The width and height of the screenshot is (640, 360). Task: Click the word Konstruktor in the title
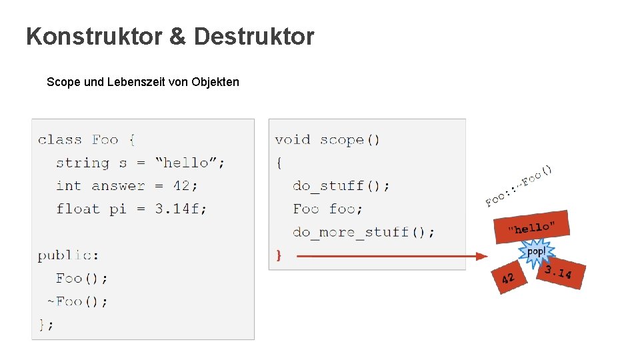click(93, 37)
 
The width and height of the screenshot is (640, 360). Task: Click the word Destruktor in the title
click(254, 37)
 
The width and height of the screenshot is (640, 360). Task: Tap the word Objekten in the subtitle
click(215, 82)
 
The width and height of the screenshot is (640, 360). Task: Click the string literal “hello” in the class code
click(189, 163)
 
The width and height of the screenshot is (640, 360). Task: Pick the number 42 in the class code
click(180, 185)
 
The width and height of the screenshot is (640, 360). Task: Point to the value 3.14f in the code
click(181, 209)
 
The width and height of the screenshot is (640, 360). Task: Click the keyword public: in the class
click(68, 255)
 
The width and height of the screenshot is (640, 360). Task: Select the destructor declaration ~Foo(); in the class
click(77, 301)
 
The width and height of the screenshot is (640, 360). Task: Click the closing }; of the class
click(45, 324)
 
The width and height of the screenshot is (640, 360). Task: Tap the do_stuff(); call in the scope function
click(341, 185)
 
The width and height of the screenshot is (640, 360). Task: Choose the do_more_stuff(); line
click(363, 232)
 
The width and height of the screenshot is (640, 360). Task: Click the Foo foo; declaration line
click(327, 209)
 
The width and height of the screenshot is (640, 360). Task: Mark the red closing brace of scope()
click(279, 255)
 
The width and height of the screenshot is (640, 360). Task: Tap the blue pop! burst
click(536, 252)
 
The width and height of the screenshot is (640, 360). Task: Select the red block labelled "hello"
click(531, 227)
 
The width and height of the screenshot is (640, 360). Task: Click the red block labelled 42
click(508, 277)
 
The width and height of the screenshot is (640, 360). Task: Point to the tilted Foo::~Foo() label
click(519, 185)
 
